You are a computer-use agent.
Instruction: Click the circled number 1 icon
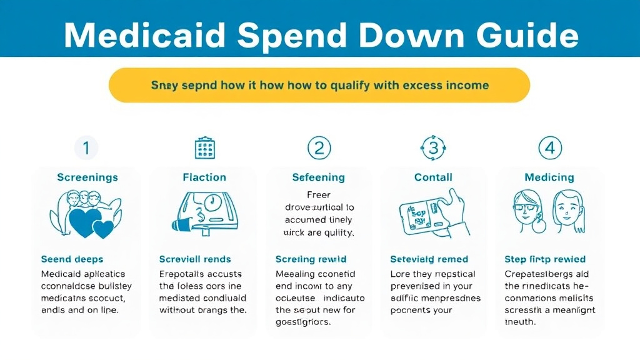point(86,148)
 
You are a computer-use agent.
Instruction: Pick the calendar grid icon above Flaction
point(204,148)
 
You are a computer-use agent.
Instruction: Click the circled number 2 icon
point(319,148)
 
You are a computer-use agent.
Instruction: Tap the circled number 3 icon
point(433,148)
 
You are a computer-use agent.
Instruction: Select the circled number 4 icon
point(550,148)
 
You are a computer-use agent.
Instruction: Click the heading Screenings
point(87,177)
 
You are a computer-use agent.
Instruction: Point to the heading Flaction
point(204,177)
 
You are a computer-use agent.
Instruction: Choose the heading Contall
point(433,177)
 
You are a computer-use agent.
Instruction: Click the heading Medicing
point(549,177)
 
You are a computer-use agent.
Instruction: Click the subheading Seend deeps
point(72,259)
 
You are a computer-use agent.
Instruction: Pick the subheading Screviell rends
point(195,259)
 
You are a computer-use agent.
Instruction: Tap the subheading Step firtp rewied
point(545,259)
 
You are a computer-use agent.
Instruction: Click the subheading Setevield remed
point(429,259)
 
